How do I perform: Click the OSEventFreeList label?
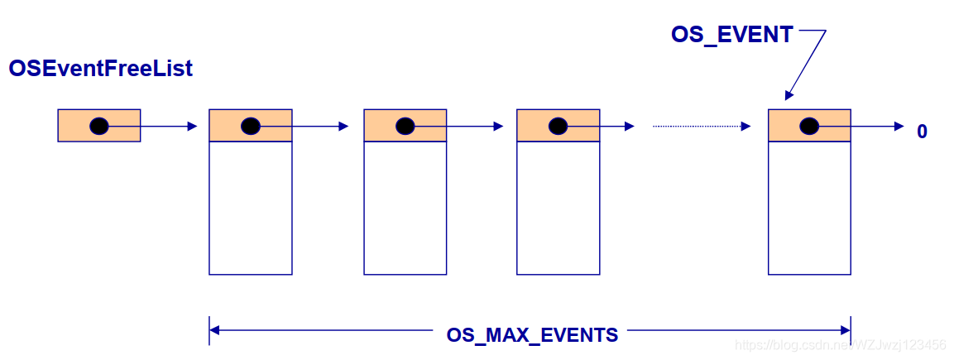[x=100, y=69]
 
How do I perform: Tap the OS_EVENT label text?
[x=732, y=35]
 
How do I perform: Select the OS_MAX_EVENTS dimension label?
[x=532, y=335]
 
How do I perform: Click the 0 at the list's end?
[x=922, y=132]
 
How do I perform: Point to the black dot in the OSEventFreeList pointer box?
[x=99, y=126]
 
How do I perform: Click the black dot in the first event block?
[x=250, y=126]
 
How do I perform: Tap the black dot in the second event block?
[x=405, y=126]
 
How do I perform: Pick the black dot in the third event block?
[x=558, y=126]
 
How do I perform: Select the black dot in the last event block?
[x=809, y=126]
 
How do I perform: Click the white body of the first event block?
[x=250, y=208]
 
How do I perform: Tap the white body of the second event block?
[x=405, y=208]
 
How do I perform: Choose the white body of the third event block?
[x=558, y=208]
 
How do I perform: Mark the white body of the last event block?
[x=809, y=208]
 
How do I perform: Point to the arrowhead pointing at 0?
[x=899, y=127]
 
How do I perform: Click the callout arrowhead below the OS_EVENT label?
[x=789, y=96]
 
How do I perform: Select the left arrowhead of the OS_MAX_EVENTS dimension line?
[x=215, y=330]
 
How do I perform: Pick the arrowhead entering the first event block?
[x=193, y=127]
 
